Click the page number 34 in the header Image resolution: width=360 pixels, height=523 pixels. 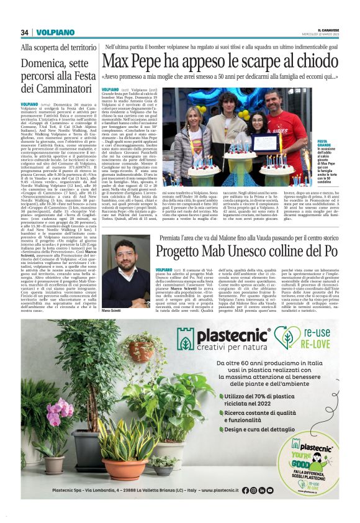click(x=25, y=32)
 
